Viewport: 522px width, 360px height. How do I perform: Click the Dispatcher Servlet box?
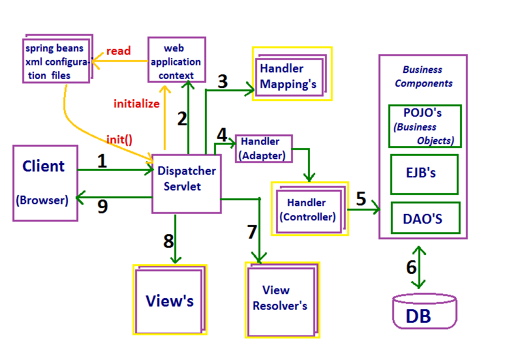tap(187, 184)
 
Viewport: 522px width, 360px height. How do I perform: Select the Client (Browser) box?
tap(45, 183)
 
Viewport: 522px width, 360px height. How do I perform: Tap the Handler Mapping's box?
tap(292, 74)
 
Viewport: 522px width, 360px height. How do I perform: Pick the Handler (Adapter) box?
tap(264, 149)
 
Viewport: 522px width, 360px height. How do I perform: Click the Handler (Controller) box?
tap(309, 209)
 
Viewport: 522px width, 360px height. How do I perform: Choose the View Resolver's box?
tap(283, 300)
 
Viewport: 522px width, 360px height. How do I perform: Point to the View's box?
tap(170, 299)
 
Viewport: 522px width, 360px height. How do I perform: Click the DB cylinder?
tap(425, 311)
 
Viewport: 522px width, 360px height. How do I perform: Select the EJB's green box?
tap(424, 174)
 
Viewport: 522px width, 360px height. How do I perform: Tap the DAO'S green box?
tap(425, 218)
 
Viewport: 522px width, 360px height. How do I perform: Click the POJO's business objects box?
tap(425, 126)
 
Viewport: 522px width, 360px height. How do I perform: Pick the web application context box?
tap(176, 59)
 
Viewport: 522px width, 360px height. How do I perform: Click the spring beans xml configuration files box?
tap(57, 59)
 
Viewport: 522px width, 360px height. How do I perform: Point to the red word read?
tap(119, 51)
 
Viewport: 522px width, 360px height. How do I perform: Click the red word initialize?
tap(136, 104)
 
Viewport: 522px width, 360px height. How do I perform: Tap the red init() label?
tap(119, 140)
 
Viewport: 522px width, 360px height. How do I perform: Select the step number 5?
tap(361, 199)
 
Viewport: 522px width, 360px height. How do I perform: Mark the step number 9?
tap(102, 206)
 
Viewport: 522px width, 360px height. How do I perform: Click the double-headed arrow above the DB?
tap(418, 267)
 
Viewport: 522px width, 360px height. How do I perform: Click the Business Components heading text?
tap(423, 76)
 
